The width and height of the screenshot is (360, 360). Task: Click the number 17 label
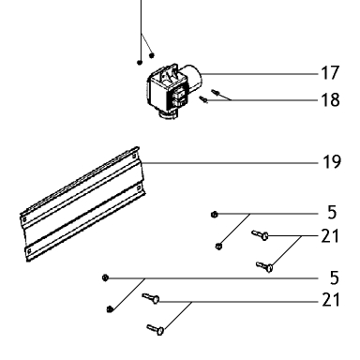coord(330,73)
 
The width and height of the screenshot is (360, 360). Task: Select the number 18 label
coord(330,100)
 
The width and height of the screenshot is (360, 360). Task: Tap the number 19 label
coord(332,162)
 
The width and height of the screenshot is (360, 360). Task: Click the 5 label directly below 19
coord(332,212)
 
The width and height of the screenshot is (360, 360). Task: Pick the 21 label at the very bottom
coord(331,300)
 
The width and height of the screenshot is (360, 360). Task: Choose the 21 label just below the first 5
coord(330,236)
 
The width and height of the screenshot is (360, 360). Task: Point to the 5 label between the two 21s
coord(334,277)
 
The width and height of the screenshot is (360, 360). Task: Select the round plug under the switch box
coord(169,115)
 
